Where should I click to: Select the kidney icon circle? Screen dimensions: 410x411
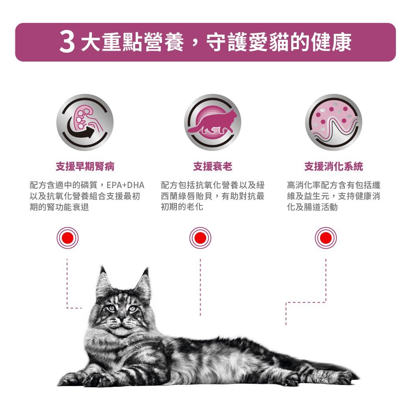[85, 122]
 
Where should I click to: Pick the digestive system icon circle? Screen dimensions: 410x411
[333, 122]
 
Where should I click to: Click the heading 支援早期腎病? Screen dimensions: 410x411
[85, 167]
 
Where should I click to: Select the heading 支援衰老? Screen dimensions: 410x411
[212, 167]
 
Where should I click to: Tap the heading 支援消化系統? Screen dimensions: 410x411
[333, 167]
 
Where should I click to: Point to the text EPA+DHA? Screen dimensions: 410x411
[126, 185]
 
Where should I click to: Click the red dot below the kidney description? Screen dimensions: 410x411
[67, 238]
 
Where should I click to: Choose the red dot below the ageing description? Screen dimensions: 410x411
[200, 238]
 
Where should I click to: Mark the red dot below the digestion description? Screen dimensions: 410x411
[326, 238]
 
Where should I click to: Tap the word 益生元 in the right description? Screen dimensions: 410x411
[320, 196]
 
